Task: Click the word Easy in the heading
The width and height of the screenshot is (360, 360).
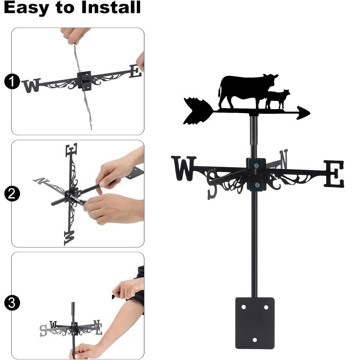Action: point(27,8)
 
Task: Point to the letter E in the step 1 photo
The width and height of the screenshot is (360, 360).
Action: point(135,71)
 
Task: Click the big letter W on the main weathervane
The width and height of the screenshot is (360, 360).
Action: point(184,168)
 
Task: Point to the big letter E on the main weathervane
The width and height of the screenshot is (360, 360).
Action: point(334,174)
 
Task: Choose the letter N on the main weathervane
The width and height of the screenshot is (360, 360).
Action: point(284,159)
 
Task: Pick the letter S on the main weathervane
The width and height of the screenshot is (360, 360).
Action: point(212,183)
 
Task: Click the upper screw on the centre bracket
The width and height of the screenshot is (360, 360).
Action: point(256,166)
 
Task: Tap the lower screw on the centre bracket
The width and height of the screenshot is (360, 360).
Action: point(256,185)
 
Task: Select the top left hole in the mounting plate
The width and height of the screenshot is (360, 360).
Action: point(243,307)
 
